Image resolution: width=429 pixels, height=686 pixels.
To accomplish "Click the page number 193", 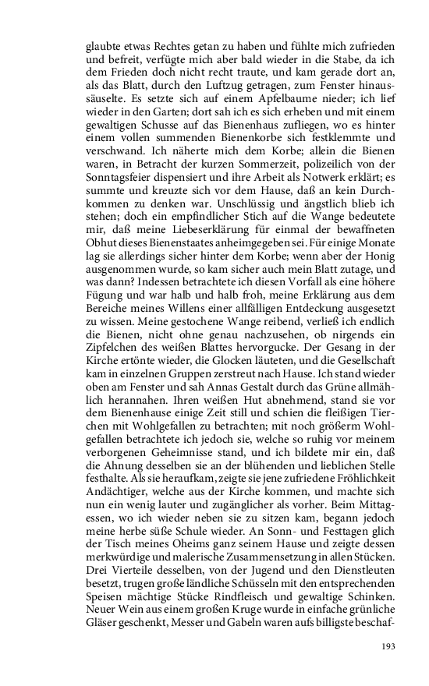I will (388, 646).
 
